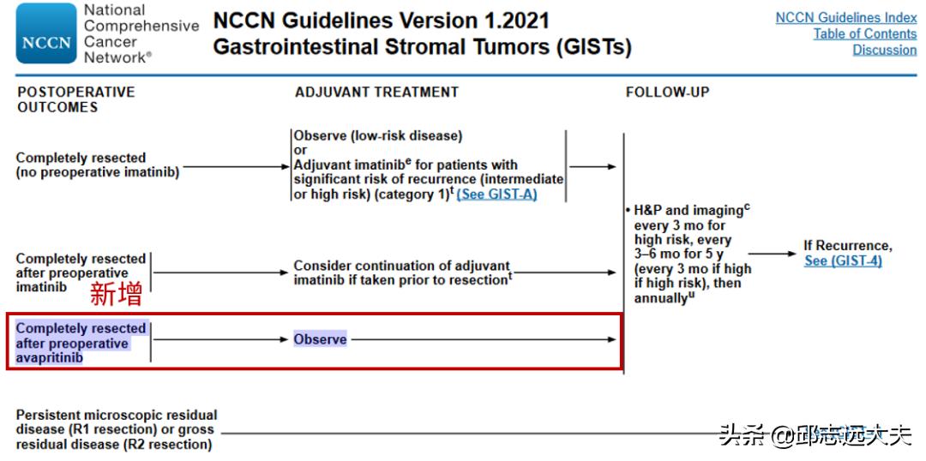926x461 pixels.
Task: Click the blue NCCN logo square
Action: click(46, 33)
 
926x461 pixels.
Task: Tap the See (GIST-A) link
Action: click(496, 195)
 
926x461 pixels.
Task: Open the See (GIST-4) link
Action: click(843, 260)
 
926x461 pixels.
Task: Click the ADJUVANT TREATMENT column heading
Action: click(376, 92)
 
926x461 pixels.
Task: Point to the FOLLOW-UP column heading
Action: click(667, 92)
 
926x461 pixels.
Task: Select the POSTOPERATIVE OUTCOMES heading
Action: click(76, 99)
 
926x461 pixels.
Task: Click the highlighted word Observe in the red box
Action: click(320, 339)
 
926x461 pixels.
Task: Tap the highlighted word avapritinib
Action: click(50, 357)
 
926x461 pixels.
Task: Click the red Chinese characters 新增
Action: click(116, 295)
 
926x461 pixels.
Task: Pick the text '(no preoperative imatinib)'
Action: click(98, 172)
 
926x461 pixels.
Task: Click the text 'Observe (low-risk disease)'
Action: click(378, 135)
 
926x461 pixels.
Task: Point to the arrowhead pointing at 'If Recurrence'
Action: click(792, 254)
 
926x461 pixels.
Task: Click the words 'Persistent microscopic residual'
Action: click(117, 415)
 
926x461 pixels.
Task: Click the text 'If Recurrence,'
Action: click(848, 246)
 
